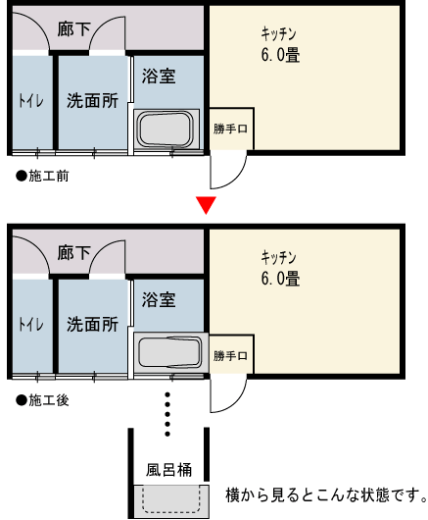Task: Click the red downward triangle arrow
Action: [x=205, y=205]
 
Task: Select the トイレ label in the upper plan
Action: [x=31, y=100]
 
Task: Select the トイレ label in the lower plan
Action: [x=31, y=324]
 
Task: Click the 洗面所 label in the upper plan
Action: [x=92, y=100]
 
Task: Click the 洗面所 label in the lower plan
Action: [x=92, y=324]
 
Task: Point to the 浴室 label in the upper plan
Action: [x=159, y=76]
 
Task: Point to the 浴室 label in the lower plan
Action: [x=159, y=299]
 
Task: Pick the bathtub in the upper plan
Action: [x=166, y=130]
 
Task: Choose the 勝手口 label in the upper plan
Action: [x=231, y=130]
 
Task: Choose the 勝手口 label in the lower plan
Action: [x=231, y=354]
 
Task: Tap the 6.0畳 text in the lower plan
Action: [x=280, y=279]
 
